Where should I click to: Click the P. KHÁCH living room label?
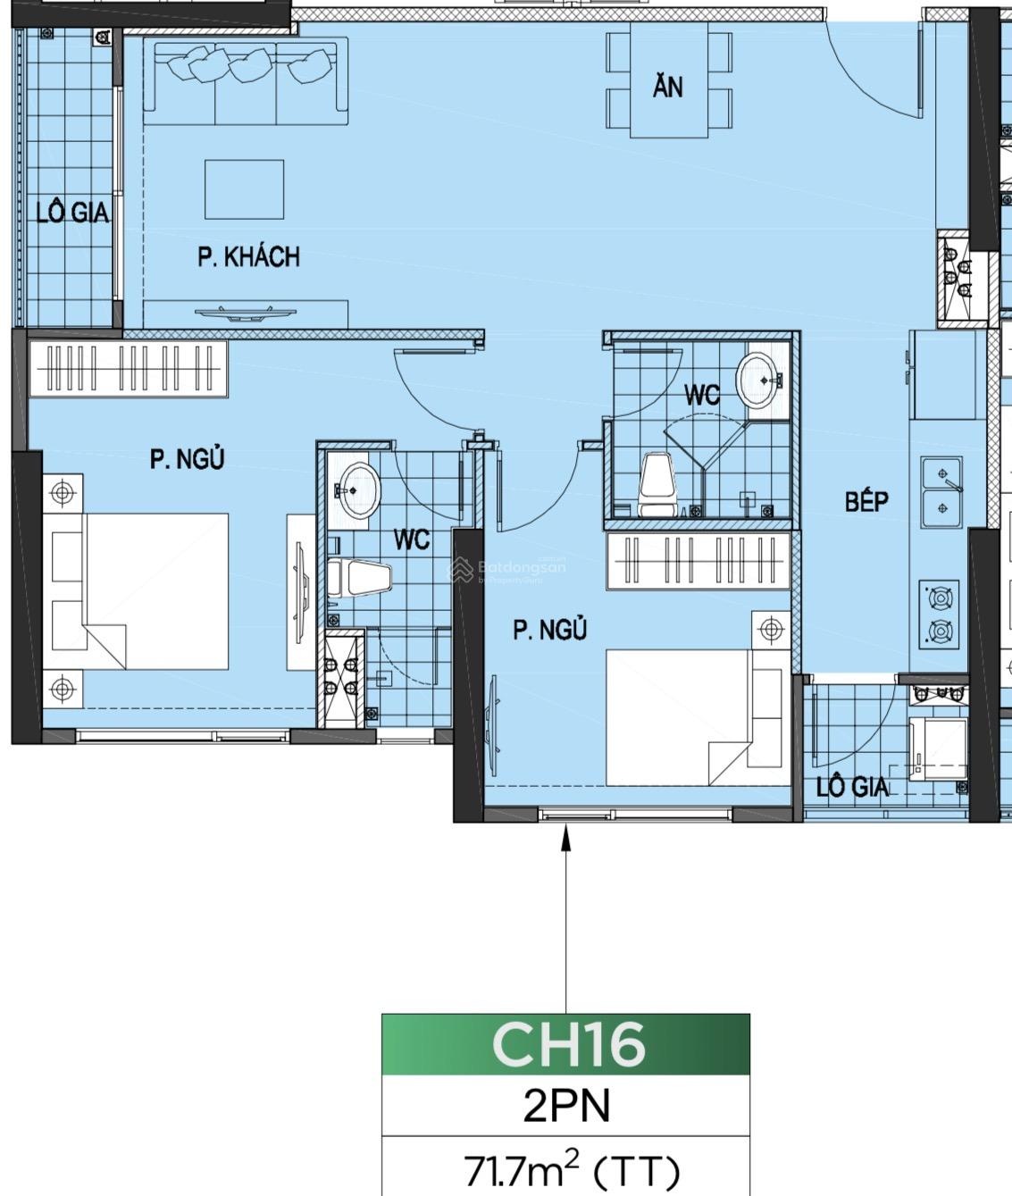point(249,257)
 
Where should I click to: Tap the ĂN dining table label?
point(668,87)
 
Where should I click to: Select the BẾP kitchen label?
point(866,501)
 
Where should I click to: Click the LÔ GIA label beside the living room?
point(72,212)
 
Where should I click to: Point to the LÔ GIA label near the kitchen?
point(852,787)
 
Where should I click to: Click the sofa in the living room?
point(246,81)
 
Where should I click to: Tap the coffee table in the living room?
point(244,189)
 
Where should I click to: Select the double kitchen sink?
point(942,492)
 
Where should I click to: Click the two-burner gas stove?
point(940,614)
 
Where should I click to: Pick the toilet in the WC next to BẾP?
point(657,484)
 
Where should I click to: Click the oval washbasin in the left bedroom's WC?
point(359,490)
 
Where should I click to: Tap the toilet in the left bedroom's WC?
point(359,578)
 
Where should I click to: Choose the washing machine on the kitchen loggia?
point(938,749)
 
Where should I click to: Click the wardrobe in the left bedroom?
point(128,368)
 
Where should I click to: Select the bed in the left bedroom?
point(136,590)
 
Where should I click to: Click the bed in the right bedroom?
point(698,717)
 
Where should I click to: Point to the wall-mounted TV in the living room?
point(246,314)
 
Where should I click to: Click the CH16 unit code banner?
point(566,1044)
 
